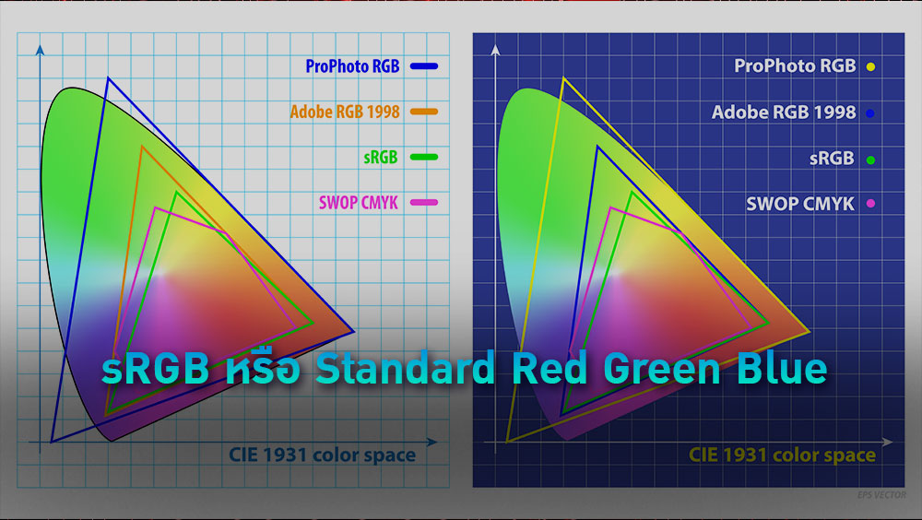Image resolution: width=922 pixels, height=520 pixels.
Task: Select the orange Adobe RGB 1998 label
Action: click(x=345, y=112)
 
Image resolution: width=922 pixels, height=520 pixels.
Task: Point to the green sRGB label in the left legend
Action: click(x=380, y=157)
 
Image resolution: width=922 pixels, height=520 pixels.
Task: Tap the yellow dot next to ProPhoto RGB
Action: click(x=870, y=67)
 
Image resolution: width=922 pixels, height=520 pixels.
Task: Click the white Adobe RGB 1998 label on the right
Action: click(x=784, y=112)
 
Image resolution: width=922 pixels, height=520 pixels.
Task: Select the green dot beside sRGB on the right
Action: click(x=870, y=160)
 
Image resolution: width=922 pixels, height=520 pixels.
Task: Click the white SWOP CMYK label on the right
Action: click(x=800, y=204)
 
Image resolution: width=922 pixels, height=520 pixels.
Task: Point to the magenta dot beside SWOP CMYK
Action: click(x=870, y=204)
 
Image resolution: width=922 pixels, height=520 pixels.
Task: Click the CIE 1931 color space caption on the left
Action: click(x=322, y=455)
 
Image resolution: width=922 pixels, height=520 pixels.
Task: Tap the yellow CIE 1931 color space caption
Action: click(x=782, y=455)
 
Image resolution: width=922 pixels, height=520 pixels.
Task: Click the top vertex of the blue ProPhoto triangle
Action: click(x=108, y=78)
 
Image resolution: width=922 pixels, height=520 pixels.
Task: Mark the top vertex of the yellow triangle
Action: click(x=562, y=79)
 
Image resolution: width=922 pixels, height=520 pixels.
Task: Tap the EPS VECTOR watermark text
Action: click(x=882, y=496)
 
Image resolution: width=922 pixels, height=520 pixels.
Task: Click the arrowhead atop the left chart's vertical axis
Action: click(x=38, y=48)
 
